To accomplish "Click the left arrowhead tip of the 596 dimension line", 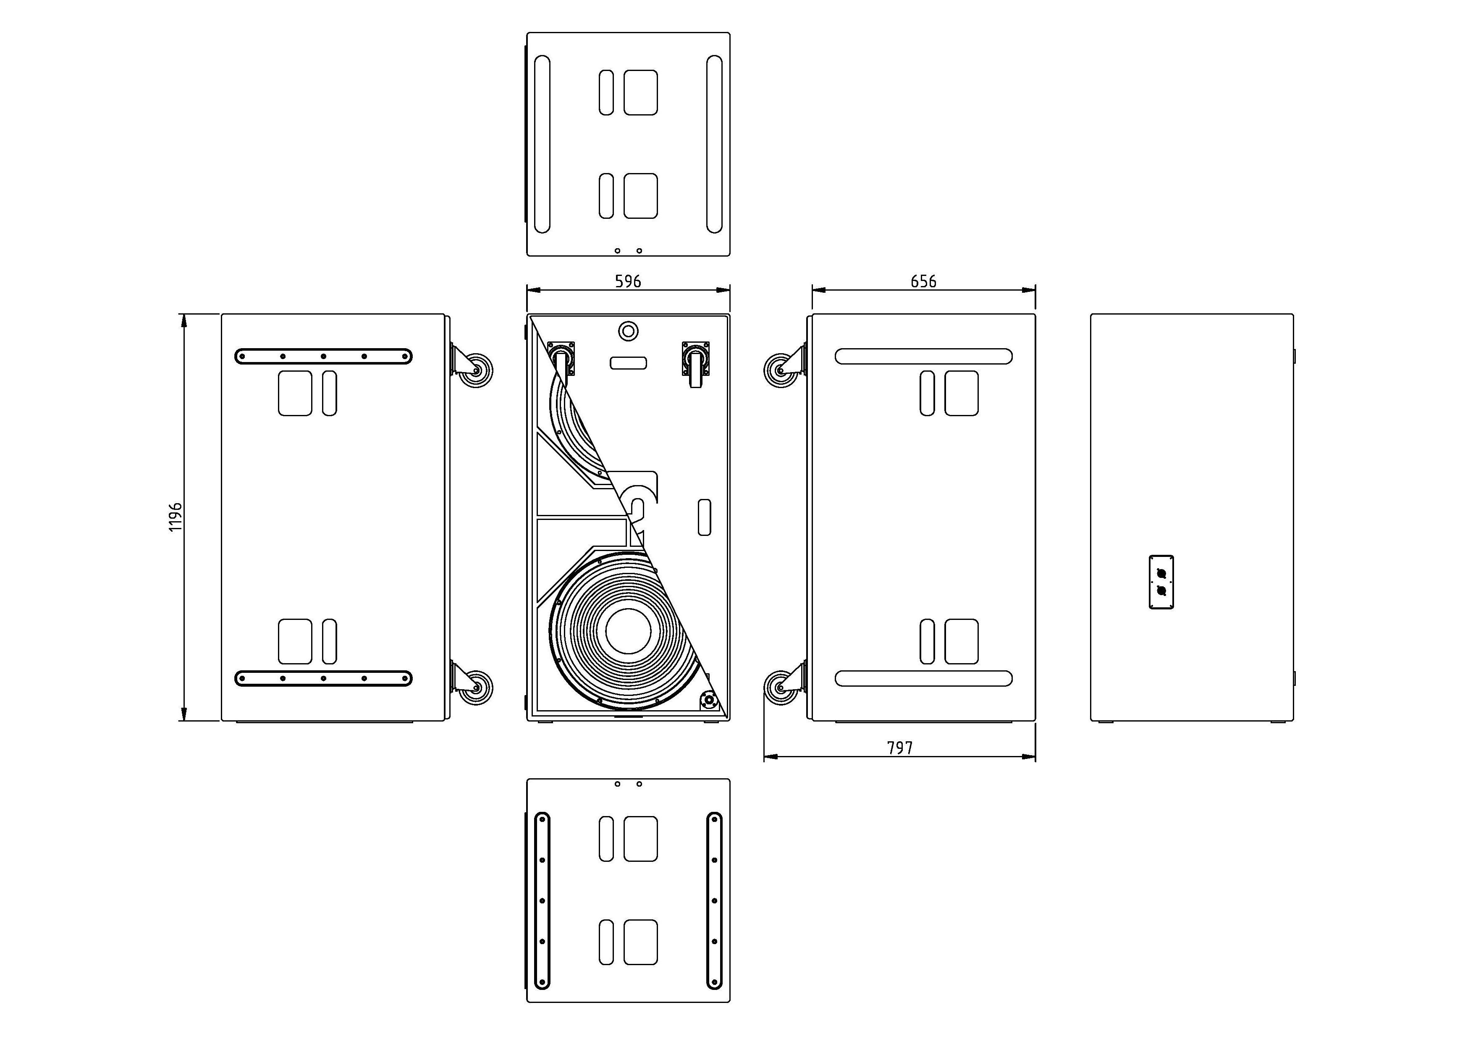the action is click(x=527, y=290).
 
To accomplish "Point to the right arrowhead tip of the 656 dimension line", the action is click(x=1035, y=290).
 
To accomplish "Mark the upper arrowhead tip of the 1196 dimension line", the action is click(x=184, y=315).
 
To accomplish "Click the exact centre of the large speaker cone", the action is click(x=628, y=631).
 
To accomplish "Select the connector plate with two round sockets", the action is click(x=1161, y=582).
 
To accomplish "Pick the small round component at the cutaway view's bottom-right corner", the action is click(x=710, y=700).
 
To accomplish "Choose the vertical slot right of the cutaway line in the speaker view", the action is click(x=705, y=517).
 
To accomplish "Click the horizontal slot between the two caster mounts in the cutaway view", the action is click(x=628, y=363).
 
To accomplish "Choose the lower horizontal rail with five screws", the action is click(x=323, y=678).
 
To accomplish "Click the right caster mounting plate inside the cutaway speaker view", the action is click(x=695, y=358).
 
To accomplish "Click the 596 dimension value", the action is click(x=628, y=281).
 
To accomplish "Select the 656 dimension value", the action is click(x=924, y=281).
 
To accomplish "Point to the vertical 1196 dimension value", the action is click(x=175, y=517).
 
